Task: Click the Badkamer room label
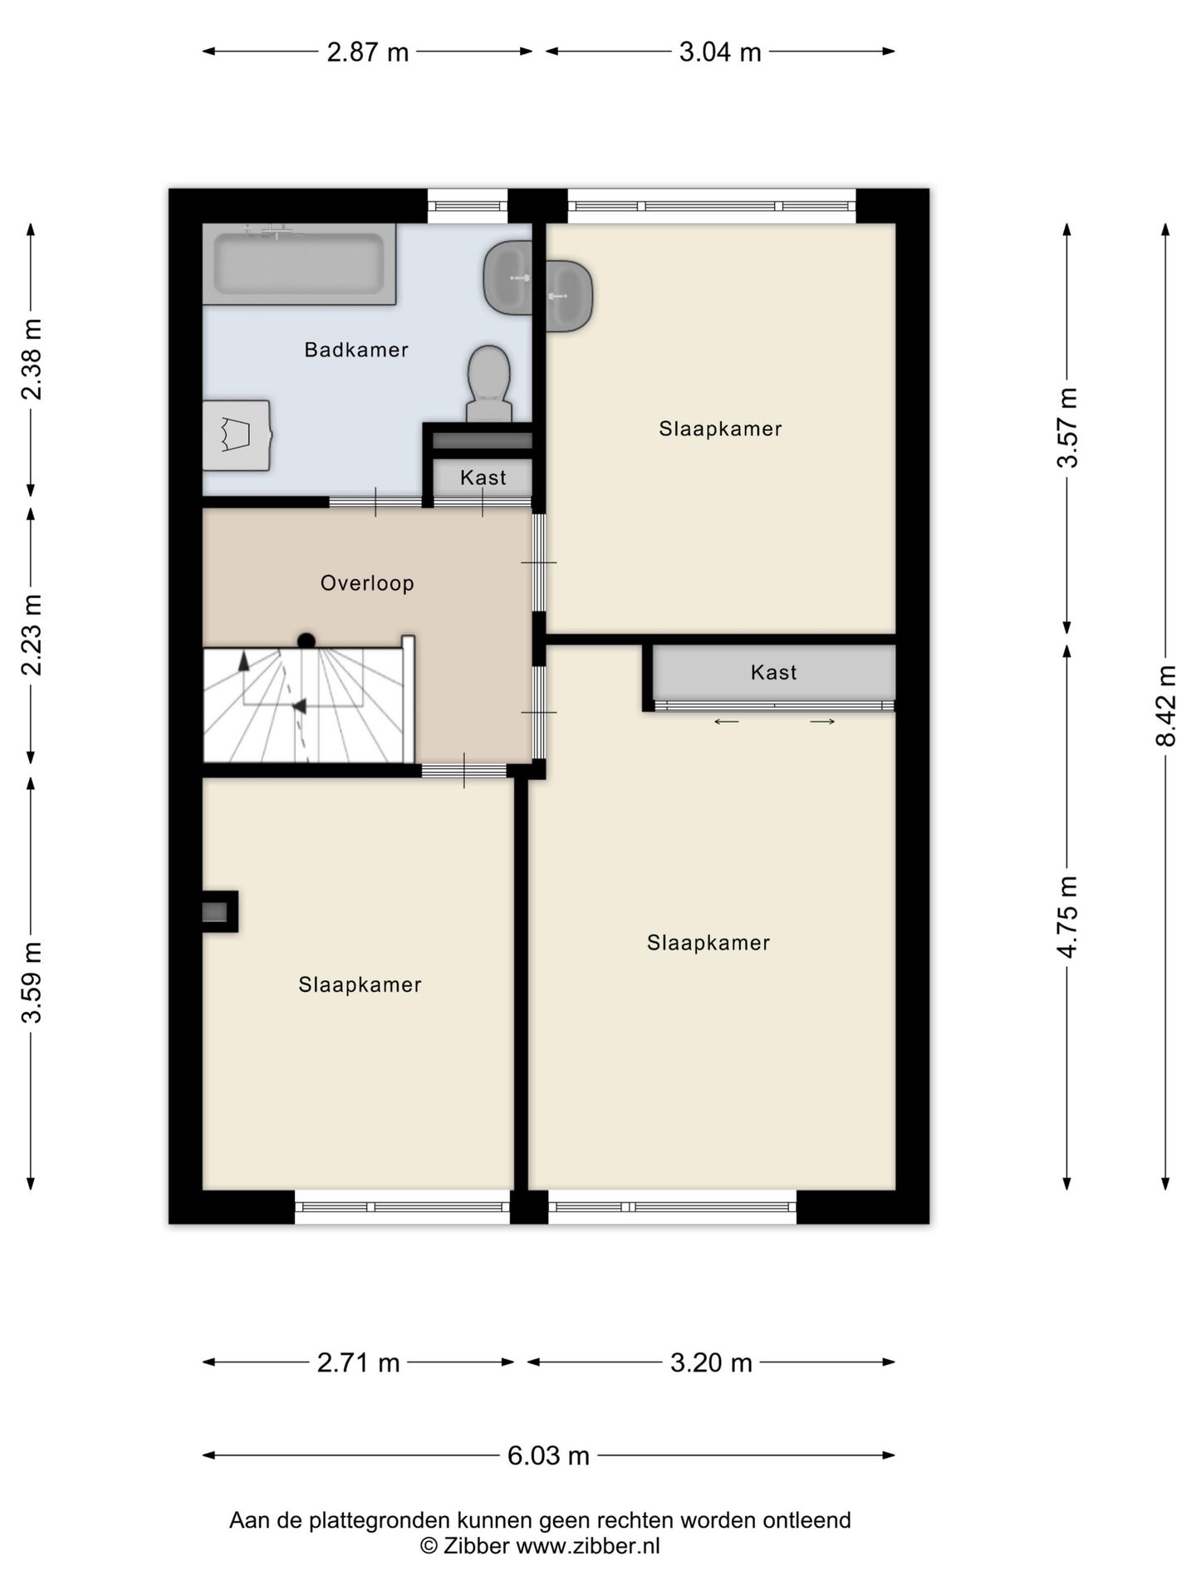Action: click(x=356, y=350)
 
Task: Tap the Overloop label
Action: click(x=367, y=583)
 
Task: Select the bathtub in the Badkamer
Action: click(x=299, y=264)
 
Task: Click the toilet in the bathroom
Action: click(x=488, y=383)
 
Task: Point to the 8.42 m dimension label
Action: click(x=1167, y=706)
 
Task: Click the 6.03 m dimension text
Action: click(x=548, y=1455)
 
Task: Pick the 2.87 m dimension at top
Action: click(x=367, y=52)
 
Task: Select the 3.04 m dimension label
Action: click(x=720, y=52)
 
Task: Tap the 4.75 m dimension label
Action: click(x=1068, y=916)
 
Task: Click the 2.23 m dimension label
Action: click(x=32, y=635)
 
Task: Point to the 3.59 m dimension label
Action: click(x=32, y=982)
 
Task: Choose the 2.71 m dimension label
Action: click(x=358, y=1363)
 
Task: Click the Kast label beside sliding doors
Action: click(x=773, y=672)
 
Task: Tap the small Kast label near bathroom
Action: click(x=483, y=478)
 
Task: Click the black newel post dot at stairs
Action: click(x=306, y=640)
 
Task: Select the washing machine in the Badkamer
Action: click(x=238, y=435)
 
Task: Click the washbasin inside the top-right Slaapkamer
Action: click(x=570, y=297)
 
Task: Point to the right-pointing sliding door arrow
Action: click(x=822, y=722)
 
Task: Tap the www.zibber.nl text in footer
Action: click(x=588, y=1546)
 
